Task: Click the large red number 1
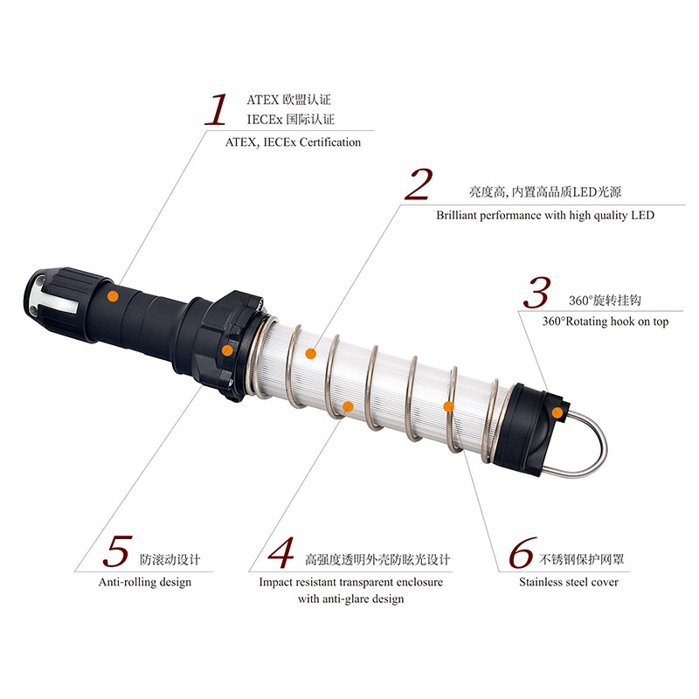216,109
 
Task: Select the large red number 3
536,293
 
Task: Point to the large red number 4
281,553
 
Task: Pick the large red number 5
118,551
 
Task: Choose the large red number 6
523,553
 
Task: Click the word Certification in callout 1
330,142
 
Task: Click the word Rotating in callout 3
585,322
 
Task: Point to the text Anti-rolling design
145,582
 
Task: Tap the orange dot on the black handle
113,296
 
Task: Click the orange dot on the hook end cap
557,412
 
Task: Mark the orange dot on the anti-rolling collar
227,350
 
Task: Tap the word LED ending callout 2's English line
642,215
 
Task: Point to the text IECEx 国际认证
290,120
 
